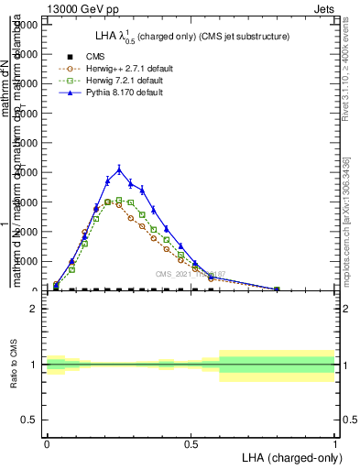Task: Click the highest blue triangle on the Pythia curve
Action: (119, 169)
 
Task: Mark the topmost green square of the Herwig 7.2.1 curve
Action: (119, 200)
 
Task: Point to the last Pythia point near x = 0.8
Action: (277, 289)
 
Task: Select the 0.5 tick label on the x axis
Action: (191, 444)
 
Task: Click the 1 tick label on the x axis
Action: (334, 444)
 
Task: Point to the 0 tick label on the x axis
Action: (47, 444)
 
